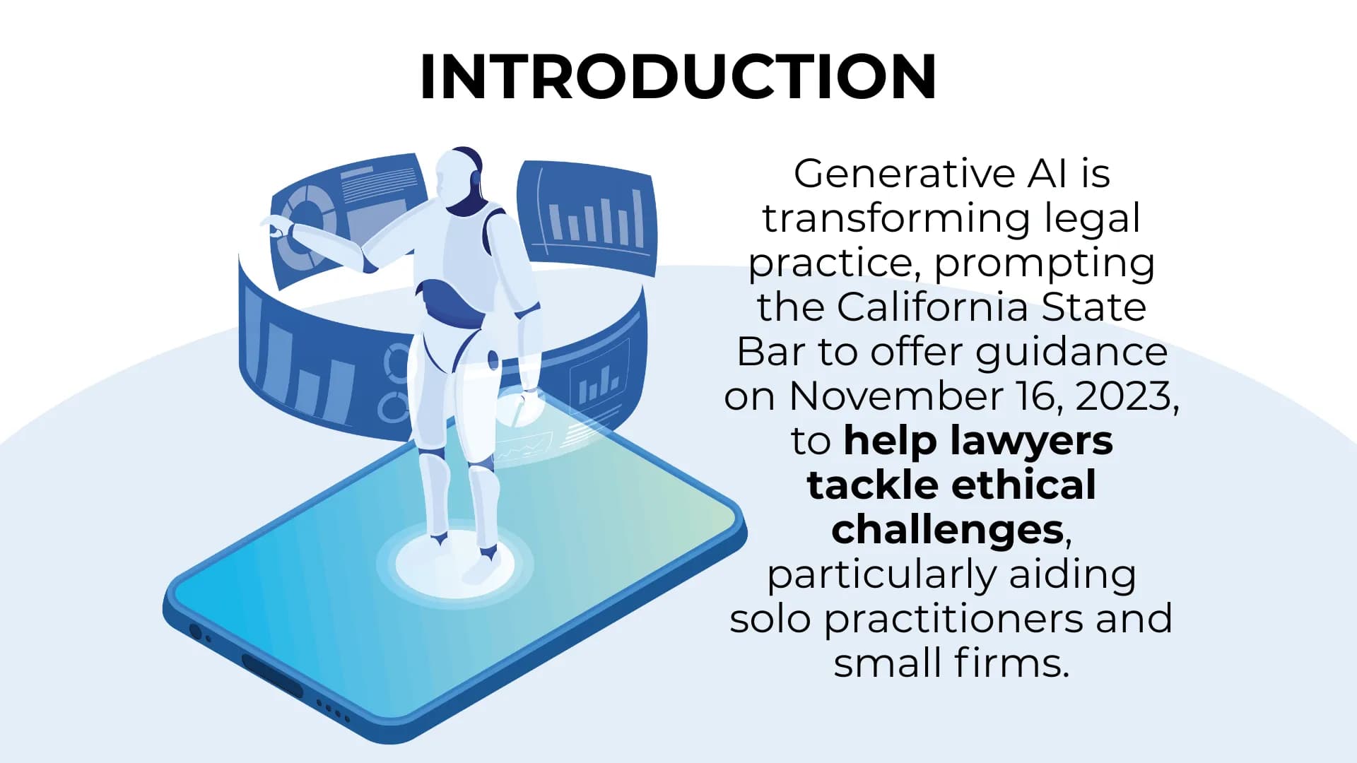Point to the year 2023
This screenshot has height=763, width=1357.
pyautogui.click(x=1124, y=396)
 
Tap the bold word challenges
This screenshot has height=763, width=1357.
pyautogui.click(x=947, y=530)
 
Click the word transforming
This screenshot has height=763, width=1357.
pyautogui.click(x=896, y=218)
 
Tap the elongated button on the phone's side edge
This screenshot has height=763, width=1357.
pyautogui.click(x=272, y=674)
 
